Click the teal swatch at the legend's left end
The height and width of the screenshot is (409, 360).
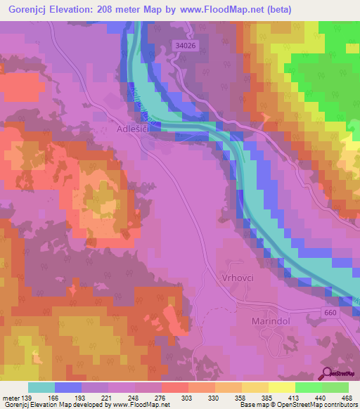(x=41, y=387)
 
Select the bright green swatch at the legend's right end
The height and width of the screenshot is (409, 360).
(x=335, y=387)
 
